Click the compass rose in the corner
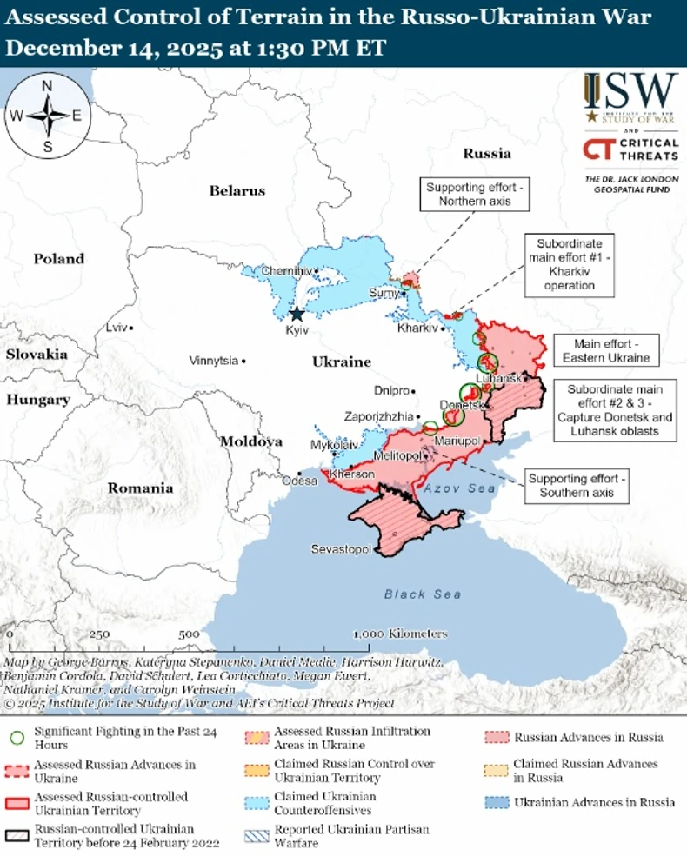[47, 116]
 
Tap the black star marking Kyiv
[297, 315]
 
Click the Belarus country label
[237, 190]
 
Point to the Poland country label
[59, 258]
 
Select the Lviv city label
[114, 328]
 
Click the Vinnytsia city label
[213, 360]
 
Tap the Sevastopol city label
[341, 550]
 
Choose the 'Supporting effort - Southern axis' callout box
[577, 486]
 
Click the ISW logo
[630, 96]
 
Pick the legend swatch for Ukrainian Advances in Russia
[497, 801]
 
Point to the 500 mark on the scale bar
[189, 634]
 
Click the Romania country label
[140, 488]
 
